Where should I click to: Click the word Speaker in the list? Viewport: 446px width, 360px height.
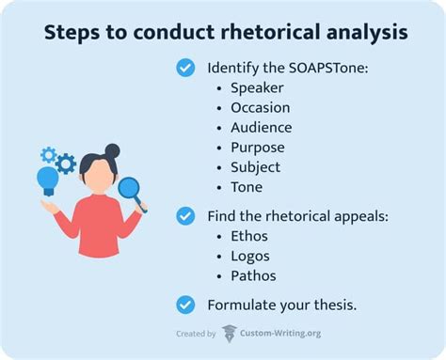257,87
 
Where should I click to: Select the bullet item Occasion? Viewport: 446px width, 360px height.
262,107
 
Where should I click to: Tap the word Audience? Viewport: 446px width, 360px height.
262,127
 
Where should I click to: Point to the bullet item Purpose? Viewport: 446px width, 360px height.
259,147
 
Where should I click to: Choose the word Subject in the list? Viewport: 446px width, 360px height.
255,167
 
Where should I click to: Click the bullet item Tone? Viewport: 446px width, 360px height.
247,187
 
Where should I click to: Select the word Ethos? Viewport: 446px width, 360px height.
250,236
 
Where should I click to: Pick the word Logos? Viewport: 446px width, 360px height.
250,256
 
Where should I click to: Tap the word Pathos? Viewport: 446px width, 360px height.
253,276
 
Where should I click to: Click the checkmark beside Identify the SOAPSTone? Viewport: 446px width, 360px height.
185,67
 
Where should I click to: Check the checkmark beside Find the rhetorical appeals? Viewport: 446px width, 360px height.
185,216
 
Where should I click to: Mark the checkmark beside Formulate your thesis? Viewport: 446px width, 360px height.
185,305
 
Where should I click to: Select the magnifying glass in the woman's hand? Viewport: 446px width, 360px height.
130,189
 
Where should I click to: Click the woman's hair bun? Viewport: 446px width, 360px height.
112,150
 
